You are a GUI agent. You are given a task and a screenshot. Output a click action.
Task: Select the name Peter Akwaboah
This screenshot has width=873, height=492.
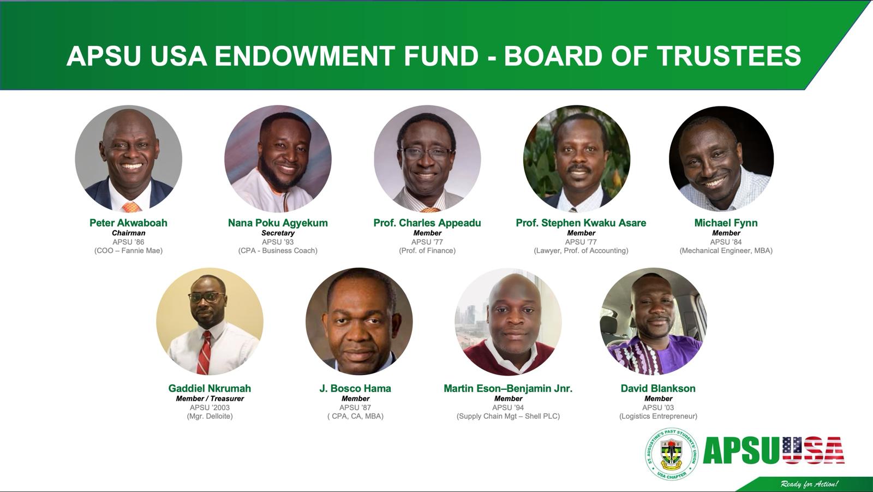[x=128, y=223]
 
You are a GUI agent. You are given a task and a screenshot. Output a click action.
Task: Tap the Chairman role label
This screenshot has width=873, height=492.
[x=128, y=233]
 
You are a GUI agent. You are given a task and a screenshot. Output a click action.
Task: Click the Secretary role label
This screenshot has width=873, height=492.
[x=278, y=233]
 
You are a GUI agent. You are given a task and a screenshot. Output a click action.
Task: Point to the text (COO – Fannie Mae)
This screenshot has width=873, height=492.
[x=128, y=251]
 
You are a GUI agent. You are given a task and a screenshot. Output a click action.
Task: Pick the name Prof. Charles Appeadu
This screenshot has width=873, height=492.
[x=427, y=223]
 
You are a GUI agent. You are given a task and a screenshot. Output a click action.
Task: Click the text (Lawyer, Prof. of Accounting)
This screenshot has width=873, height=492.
[x=581, y=251]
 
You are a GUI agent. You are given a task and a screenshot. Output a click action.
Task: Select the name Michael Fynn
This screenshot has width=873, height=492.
[x=726, y=223]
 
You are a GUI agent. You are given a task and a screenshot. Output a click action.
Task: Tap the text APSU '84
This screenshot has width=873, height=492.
[x=726, y=242]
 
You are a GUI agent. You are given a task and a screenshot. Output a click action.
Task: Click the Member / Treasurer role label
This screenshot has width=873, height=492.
[x=210, y=399]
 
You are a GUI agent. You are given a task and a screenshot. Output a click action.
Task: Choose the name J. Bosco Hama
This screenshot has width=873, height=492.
[x=355, y=388]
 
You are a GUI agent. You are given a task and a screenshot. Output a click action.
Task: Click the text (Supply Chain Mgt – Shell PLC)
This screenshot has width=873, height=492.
[x=508, y=416]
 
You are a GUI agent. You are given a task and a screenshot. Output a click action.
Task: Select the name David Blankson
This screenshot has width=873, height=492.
[x=658, y=388]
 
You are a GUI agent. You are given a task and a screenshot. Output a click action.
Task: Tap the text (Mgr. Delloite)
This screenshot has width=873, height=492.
[x=210, y=416]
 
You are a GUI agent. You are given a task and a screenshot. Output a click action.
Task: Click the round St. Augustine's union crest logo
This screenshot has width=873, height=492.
[x=671, y=454]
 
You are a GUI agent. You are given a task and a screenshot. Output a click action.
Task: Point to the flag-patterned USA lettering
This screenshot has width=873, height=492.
[x=813, y=450]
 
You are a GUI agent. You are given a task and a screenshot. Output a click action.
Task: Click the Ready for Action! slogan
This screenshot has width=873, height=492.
[x=809, y=484]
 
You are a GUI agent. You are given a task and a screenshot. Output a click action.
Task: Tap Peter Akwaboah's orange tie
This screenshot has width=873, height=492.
[x=131, y=207]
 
